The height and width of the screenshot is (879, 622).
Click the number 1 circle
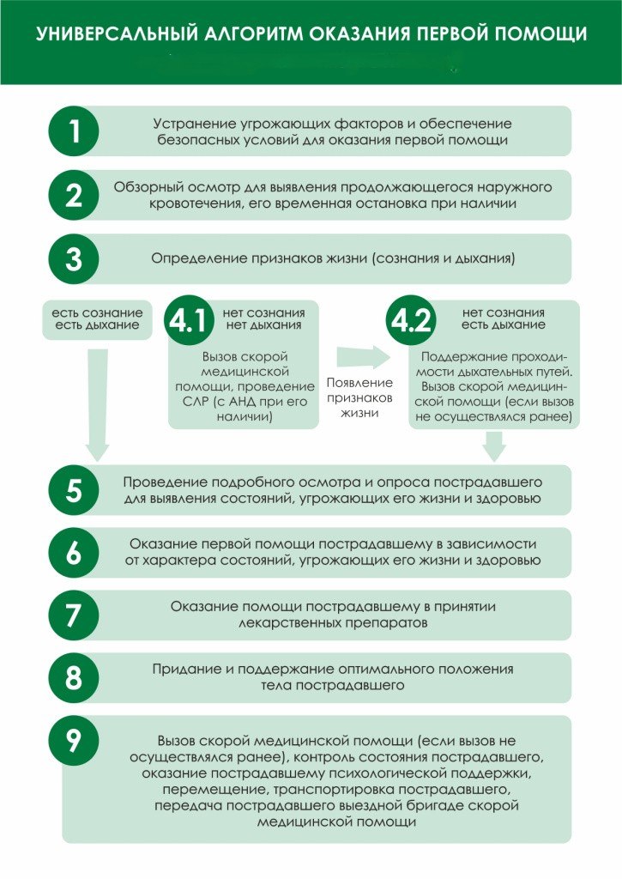click(74, 131)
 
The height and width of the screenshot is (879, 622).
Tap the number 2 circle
click(74, 195)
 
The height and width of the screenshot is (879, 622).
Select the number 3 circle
click(74, 258)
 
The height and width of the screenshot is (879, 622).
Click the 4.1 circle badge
click(188, 321)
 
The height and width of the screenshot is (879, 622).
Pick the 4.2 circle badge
click(411, 321)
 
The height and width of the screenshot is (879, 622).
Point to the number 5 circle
click(74, 490)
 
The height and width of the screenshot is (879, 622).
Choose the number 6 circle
click(74, 553)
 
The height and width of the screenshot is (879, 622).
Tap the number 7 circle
click(74, 615)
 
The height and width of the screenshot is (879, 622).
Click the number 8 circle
click(74, 677)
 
